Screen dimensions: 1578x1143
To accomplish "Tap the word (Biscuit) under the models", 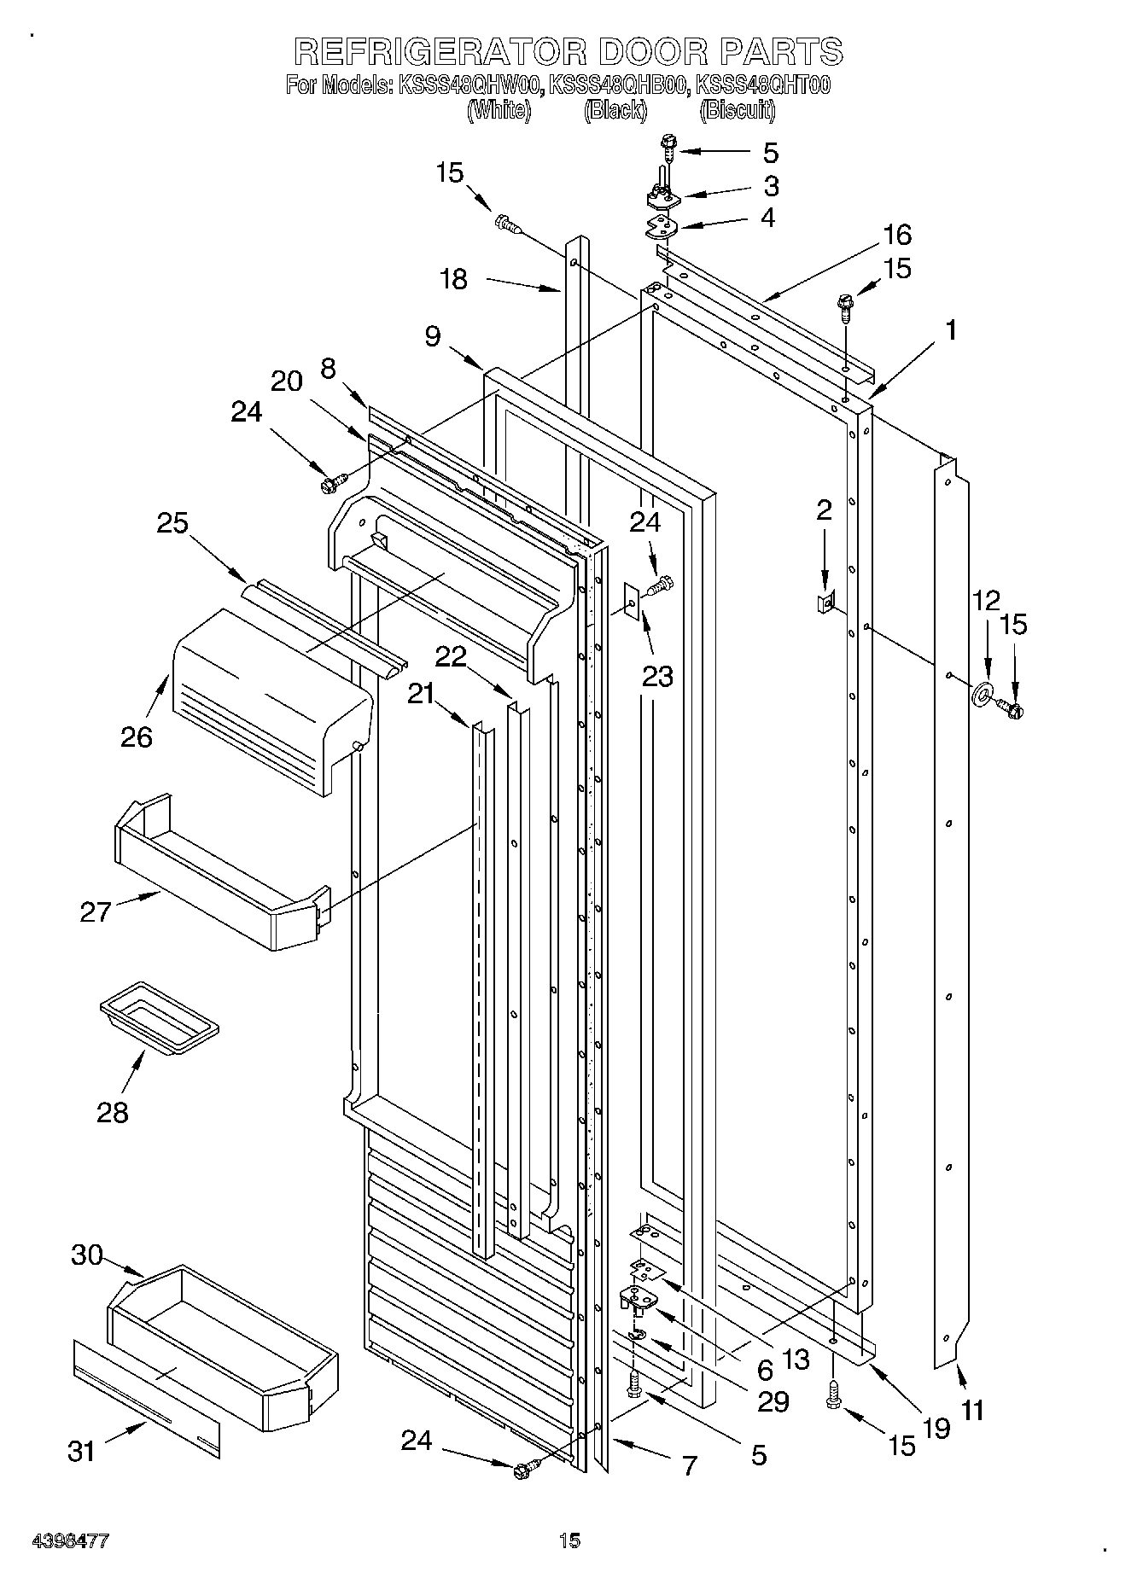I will (x=738, y=110).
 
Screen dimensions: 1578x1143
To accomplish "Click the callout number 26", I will (x=136, y=736).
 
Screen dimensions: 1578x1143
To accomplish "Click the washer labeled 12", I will (x=983, y=693).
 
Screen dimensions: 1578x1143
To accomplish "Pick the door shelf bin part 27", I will (x=213, y=879).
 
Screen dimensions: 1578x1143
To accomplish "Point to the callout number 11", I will (x=972, y=1410).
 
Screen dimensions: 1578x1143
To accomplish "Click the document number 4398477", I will (x=71, y=1541).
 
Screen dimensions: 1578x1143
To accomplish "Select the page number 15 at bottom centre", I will (x=570, y=1540).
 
